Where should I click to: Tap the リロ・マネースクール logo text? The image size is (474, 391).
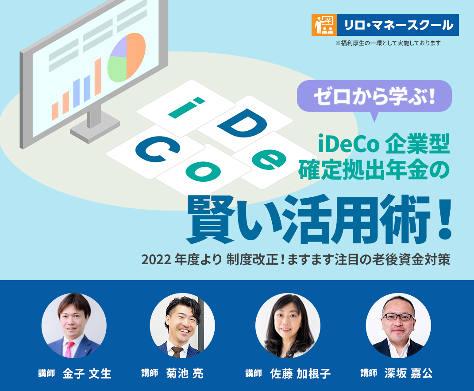[x=398, y=25]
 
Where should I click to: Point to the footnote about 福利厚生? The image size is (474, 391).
[x=388, y=43]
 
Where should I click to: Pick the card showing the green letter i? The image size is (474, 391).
[x=185, y=107]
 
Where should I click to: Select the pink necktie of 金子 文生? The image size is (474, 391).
[x=70, y=348]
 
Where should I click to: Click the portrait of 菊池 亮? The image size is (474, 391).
[x=182, y=326]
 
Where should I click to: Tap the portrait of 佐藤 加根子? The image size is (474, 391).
[x=288, y=326]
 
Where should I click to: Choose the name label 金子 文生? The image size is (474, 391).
[x=87, y=373]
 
